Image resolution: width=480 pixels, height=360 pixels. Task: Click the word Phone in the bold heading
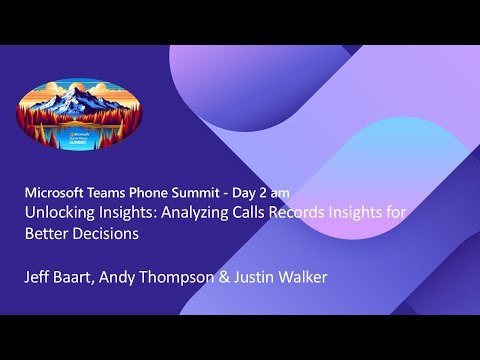170,191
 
